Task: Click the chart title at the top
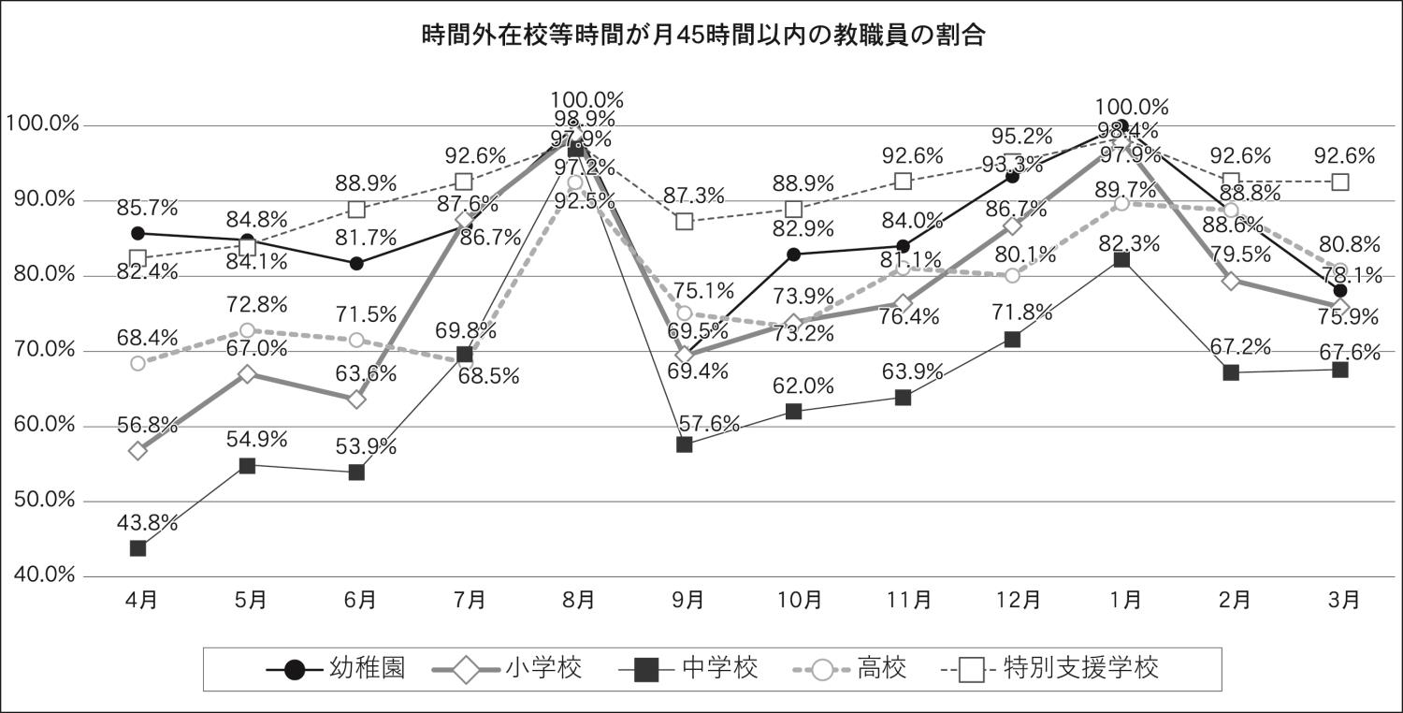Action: click(x=701, y=36)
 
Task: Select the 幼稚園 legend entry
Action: click(x=336, y=669)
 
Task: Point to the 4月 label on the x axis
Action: click(x=140, y=600)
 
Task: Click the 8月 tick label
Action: click(x=576, y=600)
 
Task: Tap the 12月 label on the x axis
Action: click(x=1013, y=600)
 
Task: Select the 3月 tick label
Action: click(x=1341, y=600)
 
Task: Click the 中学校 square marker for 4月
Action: click(x=138, y=548)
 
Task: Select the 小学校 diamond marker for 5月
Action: click(x=248, y=374)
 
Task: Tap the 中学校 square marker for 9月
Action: click(x=685, y=444)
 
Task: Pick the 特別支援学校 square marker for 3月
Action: click(x=1340, y=182)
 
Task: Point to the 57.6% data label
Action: click(x=708, y=424)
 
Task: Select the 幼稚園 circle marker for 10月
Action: click(x=794, y=255)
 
